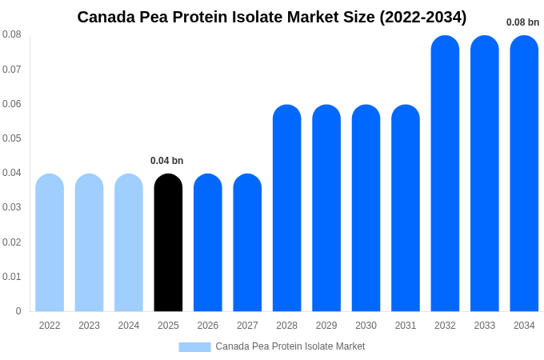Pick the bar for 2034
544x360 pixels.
(524, 174)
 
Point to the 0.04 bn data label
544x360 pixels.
(166, 161)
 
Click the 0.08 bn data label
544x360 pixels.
(522, 22)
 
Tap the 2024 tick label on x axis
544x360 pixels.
(129, 326)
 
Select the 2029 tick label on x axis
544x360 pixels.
(326, 326)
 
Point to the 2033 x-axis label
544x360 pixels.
(485, 326)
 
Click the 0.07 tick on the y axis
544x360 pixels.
(12, 70)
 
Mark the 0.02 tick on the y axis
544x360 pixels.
(12, 242)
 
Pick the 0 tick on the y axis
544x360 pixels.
(18, 311)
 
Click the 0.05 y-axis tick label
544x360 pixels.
(12, 138)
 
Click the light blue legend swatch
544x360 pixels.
(194, 347)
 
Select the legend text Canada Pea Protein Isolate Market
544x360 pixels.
(290, 346)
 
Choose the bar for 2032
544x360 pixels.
(446, 174)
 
